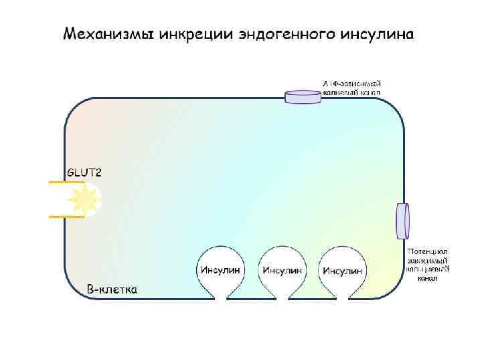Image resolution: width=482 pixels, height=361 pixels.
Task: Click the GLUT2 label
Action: (x=84, y=172)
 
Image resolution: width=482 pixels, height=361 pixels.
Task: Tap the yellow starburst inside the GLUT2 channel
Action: (x=85, y=199)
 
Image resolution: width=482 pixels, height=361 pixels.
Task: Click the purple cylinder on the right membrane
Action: (x=402, y=221)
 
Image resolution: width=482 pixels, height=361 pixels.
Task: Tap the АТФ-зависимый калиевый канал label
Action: (x=351, y=88)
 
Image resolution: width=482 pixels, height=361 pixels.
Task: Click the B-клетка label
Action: (x=112, y=290)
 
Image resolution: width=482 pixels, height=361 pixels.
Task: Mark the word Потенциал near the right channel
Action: (x=427, y=251)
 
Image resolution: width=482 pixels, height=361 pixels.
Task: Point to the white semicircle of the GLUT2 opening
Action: (x=92, y=199)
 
